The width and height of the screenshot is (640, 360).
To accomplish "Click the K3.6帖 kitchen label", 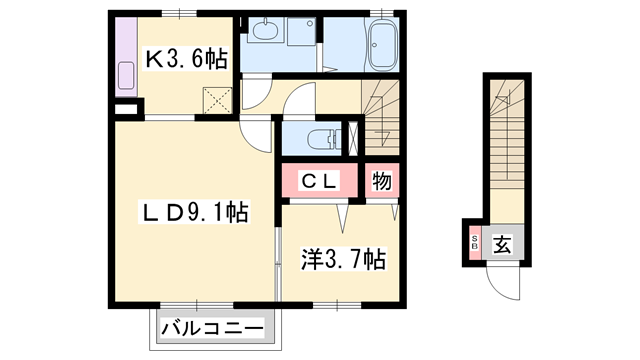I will tap(188, 60).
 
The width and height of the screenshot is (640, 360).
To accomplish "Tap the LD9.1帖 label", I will tap(193, 212).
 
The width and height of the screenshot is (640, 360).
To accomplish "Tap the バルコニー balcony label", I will tap(211, 328).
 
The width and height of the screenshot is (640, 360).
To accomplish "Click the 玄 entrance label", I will tap(503, 243).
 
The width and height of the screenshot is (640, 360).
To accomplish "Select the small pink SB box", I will tap(474, 243).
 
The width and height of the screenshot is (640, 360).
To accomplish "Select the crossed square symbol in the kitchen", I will tap(216, 99).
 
